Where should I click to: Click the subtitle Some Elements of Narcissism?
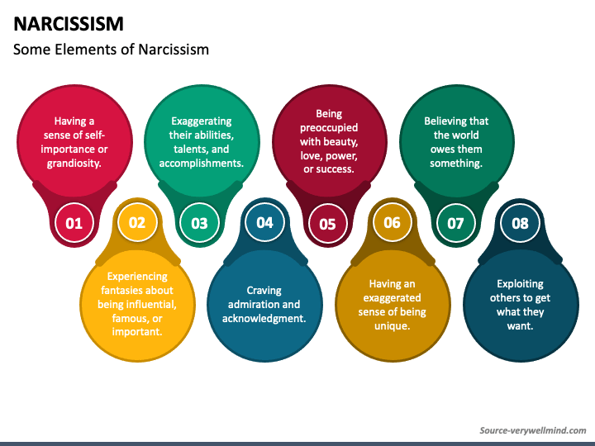pos(112,50)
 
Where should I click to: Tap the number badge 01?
pos(74,223)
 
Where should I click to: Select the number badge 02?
pos(137,221)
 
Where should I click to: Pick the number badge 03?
pos(200,223)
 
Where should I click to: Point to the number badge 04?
pos(264,221)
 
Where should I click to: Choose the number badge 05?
pos(327,223)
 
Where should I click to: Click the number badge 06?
pos(392,221)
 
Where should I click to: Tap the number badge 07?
pos(455,223)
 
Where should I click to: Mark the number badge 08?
pos(520,222)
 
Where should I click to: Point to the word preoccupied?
pos(329,128)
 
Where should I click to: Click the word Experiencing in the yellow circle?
pos(137,276)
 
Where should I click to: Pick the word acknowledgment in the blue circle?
pos(264,318)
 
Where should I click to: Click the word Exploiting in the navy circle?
pos(520,283)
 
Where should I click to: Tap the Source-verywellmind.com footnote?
pos(532,430)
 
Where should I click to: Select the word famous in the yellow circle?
pos(120,318)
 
